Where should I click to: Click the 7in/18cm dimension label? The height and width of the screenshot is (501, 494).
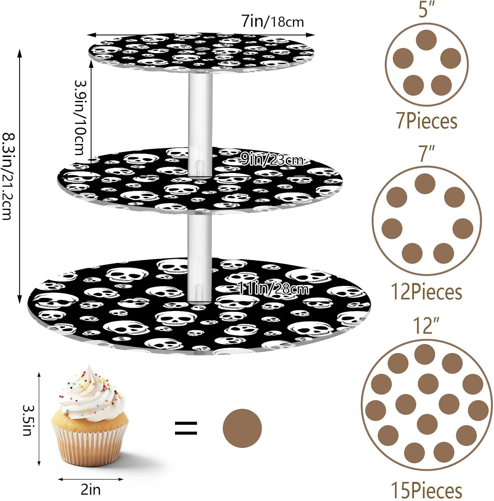273,22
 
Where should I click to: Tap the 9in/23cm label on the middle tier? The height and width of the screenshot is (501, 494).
272,160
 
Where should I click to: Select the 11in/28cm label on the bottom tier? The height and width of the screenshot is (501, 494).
273,288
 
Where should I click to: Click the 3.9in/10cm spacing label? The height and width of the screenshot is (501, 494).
79,117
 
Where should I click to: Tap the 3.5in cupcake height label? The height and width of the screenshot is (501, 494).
27,420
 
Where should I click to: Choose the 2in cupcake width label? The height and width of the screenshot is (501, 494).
91,490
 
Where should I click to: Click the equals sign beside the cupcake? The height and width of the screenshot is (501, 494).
186,428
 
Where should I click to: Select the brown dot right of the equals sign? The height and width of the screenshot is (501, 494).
242,428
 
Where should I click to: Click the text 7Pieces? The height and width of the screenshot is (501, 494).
427,121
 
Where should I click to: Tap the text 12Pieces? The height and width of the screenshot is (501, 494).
427,292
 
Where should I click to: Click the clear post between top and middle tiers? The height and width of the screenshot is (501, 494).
200,124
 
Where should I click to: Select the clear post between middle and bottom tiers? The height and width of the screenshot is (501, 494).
199,257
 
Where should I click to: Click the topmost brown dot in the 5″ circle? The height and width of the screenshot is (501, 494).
427,40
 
